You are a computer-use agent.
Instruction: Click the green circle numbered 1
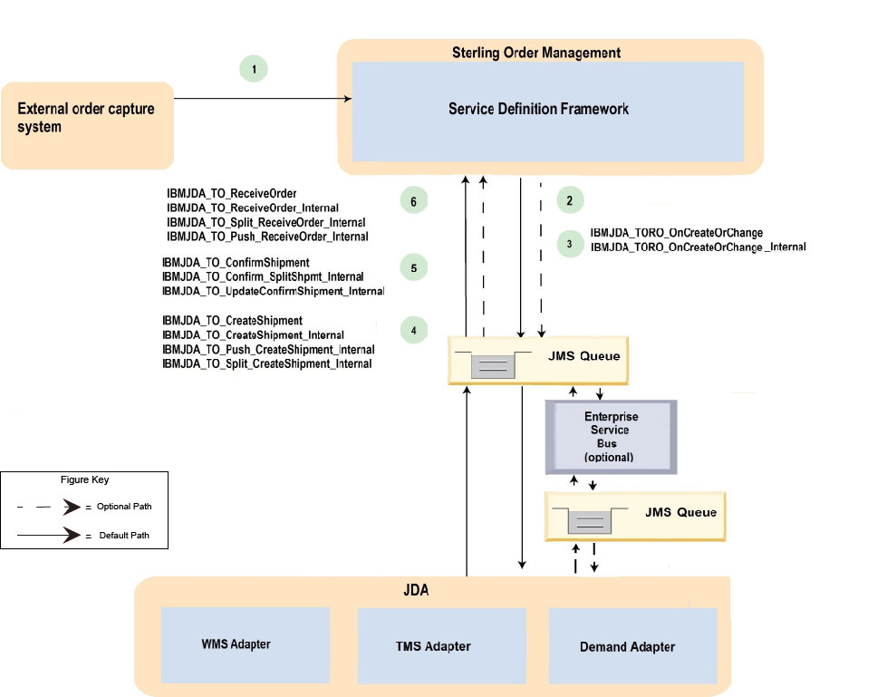(x=255, y=69)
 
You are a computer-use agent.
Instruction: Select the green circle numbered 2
(x=569, y=200)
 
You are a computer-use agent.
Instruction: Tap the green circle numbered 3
(x=569, y=243)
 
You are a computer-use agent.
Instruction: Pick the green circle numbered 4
(x=413, y=331)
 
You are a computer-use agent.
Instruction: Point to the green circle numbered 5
(x=413, y=268)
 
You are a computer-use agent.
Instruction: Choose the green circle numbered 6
(x=413, y=202)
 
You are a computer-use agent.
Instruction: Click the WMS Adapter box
(x=236, y=644)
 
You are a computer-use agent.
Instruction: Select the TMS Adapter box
(x=433, y=645)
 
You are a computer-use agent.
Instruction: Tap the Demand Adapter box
(x=627, y=645)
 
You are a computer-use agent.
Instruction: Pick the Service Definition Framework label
(x=538, y=109)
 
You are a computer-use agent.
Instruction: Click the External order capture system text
(x=87, y=118)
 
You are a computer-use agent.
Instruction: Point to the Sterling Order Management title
(x=536, y=53)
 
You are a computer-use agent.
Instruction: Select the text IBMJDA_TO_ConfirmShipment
(x=236, y=263)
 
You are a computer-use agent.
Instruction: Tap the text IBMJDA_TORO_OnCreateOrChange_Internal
(x=698, y=247)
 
